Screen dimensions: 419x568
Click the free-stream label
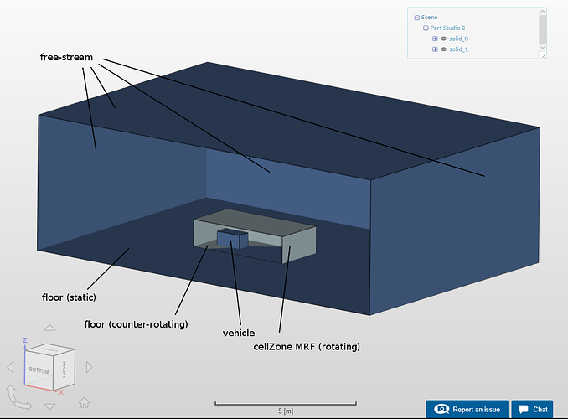tap(66, 57)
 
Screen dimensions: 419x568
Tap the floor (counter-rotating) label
tap(136, 323)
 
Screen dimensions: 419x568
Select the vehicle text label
tap(238, 333)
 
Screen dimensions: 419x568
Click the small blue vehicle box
tap(232, 239)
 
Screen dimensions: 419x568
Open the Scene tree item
tap(430, 17)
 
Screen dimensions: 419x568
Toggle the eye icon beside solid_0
tap(444, 39)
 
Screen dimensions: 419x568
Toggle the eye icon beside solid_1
tap(444, 49)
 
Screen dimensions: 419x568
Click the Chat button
tap(532, 409)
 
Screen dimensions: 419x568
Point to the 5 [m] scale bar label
tap(286, 411)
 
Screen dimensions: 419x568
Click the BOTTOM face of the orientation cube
tap(39, 369)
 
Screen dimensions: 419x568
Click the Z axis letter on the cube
tap(25, 340)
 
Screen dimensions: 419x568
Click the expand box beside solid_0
tap(435, 39)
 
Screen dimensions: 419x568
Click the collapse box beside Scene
tap(416, 17)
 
